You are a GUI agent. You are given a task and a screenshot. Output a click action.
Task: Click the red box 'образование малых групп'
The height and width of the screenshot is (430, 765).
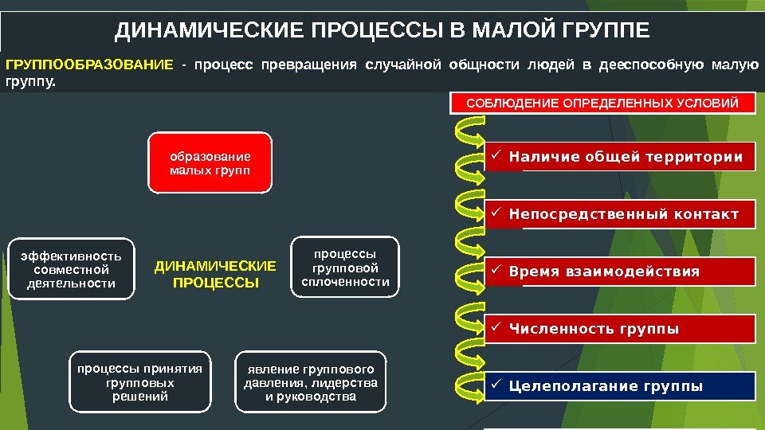(210, 163)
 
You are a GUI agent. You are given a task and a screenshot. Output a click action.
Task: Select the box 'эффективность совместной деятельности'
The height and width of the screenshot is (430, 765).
(71, 269)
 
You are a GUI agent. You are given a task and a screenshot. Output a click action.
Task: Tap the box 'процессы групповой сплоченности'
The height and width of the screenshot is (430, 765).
(345, 267)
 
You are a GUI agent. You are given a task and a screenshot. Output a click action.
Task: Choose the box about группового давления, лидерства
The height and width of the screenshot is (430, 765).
(311, 382)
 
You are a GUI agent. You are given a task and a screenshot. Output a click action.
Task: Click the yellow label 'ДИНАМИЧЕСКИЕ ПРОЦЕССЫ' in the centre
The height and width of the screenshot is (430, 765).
(215, 274)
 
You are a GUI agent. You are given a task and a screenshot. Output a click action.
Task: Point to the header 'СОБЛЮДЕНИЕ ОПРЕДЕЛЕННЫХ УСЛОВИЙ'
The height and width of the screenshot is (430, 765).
(602, 104)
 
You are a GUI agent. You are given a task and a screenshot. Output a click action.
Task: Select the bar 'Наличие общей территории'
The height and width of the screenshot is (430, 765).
(620, 158)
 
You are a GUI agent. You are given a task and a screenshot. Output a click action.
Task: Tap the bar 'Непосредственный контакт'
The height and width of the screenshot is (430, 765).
(620, 215)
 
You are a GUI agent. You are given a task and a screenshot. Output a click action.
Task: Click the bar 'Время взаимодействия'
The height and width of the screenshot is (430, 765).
(620, 272)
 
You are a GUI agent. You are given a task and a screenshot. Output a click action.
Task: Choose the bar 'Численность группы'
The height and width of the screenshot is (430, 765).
(620, 329)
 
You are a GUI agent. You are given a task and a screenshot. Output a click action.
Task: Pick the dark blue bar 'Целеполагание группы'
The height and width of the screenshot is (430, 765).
(620, 387)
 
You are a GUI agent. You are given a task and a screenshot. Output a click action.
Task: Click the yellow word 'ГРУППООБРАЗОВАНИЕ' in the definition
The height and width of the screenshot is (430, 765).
(88, 64)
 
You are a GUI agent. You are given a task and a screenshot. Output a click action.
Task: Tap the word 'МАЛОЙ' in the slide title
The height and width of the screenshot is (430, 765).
(516, 31)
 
